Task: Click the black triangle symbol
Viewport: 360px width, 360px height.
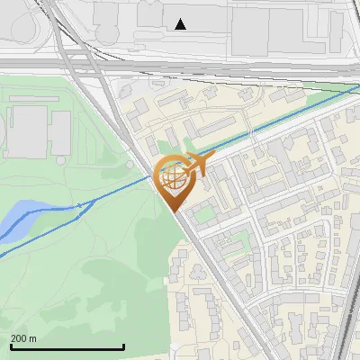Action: coord(181,24)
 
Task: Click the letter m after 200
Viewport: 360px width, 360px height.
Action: coord(32,338)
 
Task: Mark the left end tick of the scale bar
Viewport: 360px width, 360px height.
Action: coord(11,346)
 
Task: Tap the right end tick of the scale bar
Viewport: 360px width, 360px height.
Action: coord(123,346)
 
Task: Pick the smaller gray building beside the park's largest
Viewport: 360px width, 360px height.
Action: coord(60,132)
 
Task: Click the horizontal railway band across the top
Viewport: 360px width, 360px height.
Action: coord(180,67)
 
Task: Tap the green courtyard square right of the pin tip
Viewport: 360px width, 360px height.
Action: coord(206,214)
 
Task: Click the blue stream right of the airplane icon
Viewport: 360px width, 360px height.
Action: coord(270,126)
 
